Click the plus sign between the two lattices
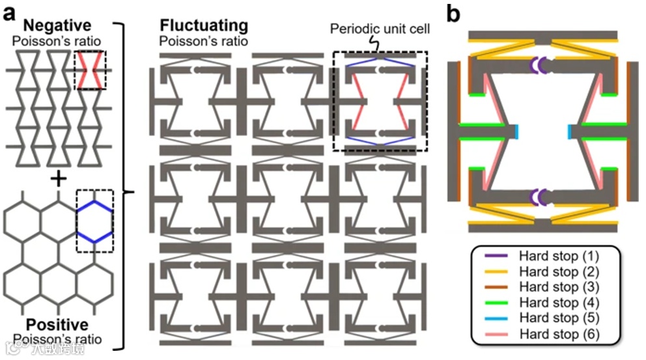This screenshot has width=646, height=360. tap(58, 177)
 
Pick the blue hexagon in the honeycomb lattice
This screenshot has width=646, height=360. tap(94, 221)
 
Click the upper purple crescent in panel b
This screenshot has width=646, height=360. tap(540, 65)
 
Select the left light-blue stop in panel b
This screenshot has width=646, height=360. tap(515, 131)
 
